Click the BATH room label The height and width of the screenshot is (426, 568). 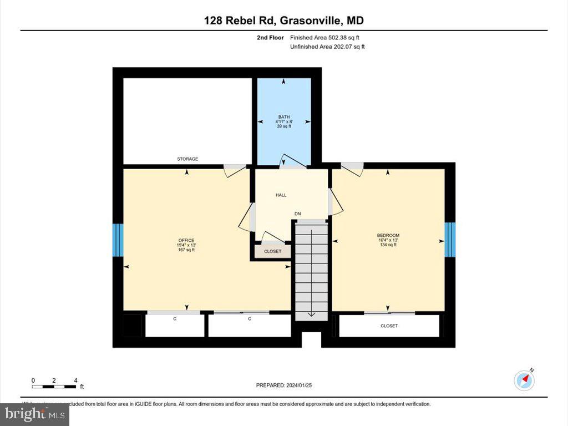(284, 117)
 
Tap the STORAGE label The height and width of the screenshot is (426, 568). (187, 159)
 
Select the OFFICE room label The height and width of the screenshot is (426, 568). (186, 240)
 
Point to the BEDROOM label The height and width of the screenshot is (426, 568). (388, 235)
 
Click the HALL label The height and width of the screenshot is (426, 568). (281, 195)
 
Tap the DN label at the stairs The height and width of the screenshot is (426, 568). (297, 214)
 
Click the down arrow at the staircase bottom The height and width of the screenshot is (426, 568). (311, 313)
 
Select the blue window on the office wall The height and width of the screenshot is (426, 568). (118, 240)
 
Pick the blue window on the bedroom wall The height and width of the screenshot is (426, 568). (450, 240)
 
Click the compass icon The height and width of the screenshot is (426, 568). (524, 380)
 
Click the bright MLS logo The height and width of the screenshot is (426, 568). (34, 414)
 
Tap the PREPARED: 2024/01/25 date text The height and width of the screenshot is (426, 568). (288, 385)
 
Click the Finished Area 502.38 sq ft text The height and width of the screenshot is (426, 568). (327, 38)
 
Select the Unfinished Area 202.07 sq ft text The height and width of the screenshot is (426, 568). (327, 47)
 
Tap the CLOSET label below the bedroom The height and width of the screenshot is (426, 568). (389, 326)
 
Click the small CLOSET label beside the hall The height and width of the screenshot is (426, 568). (272, 251)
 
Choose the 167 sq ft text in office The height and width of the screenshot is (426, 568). (186, 250)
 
